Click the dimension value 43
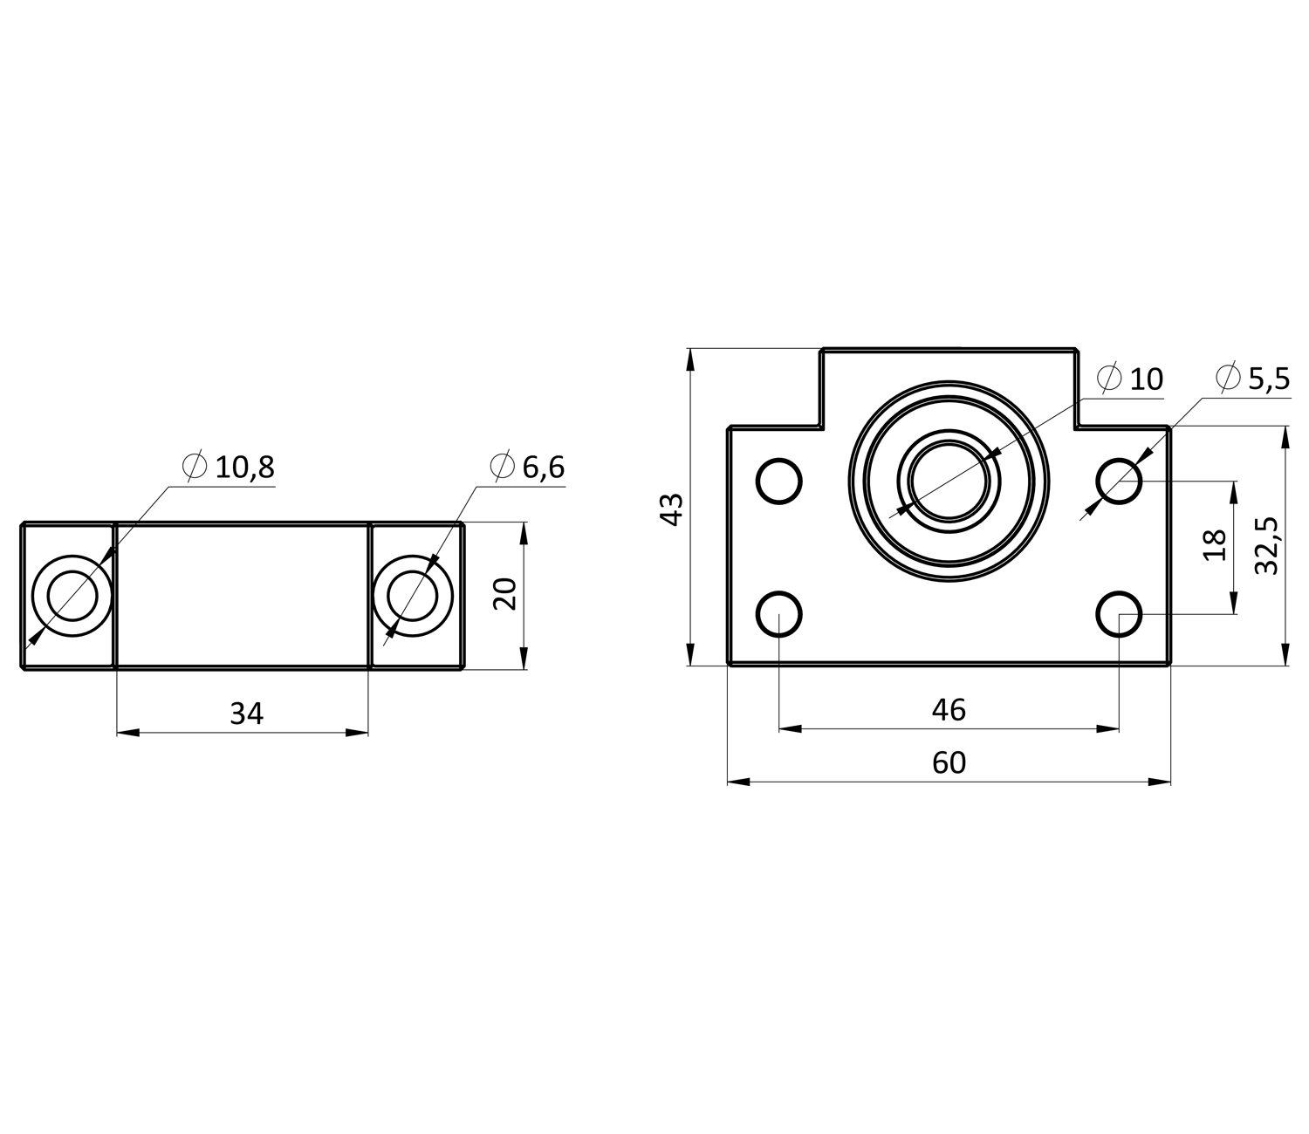click(672, 509)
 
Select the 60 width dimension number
click(949, 763)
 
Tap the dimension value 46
click(949, 710)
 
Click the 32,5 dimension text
click(1266, 545)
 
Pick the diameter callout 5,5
click(1253, 379)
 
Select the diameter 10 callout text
click(1130, 379)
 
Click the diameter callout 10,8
click(229, 467)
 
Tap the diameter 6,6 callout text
click(527, 467)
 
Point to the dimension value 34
click(246, 714)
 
